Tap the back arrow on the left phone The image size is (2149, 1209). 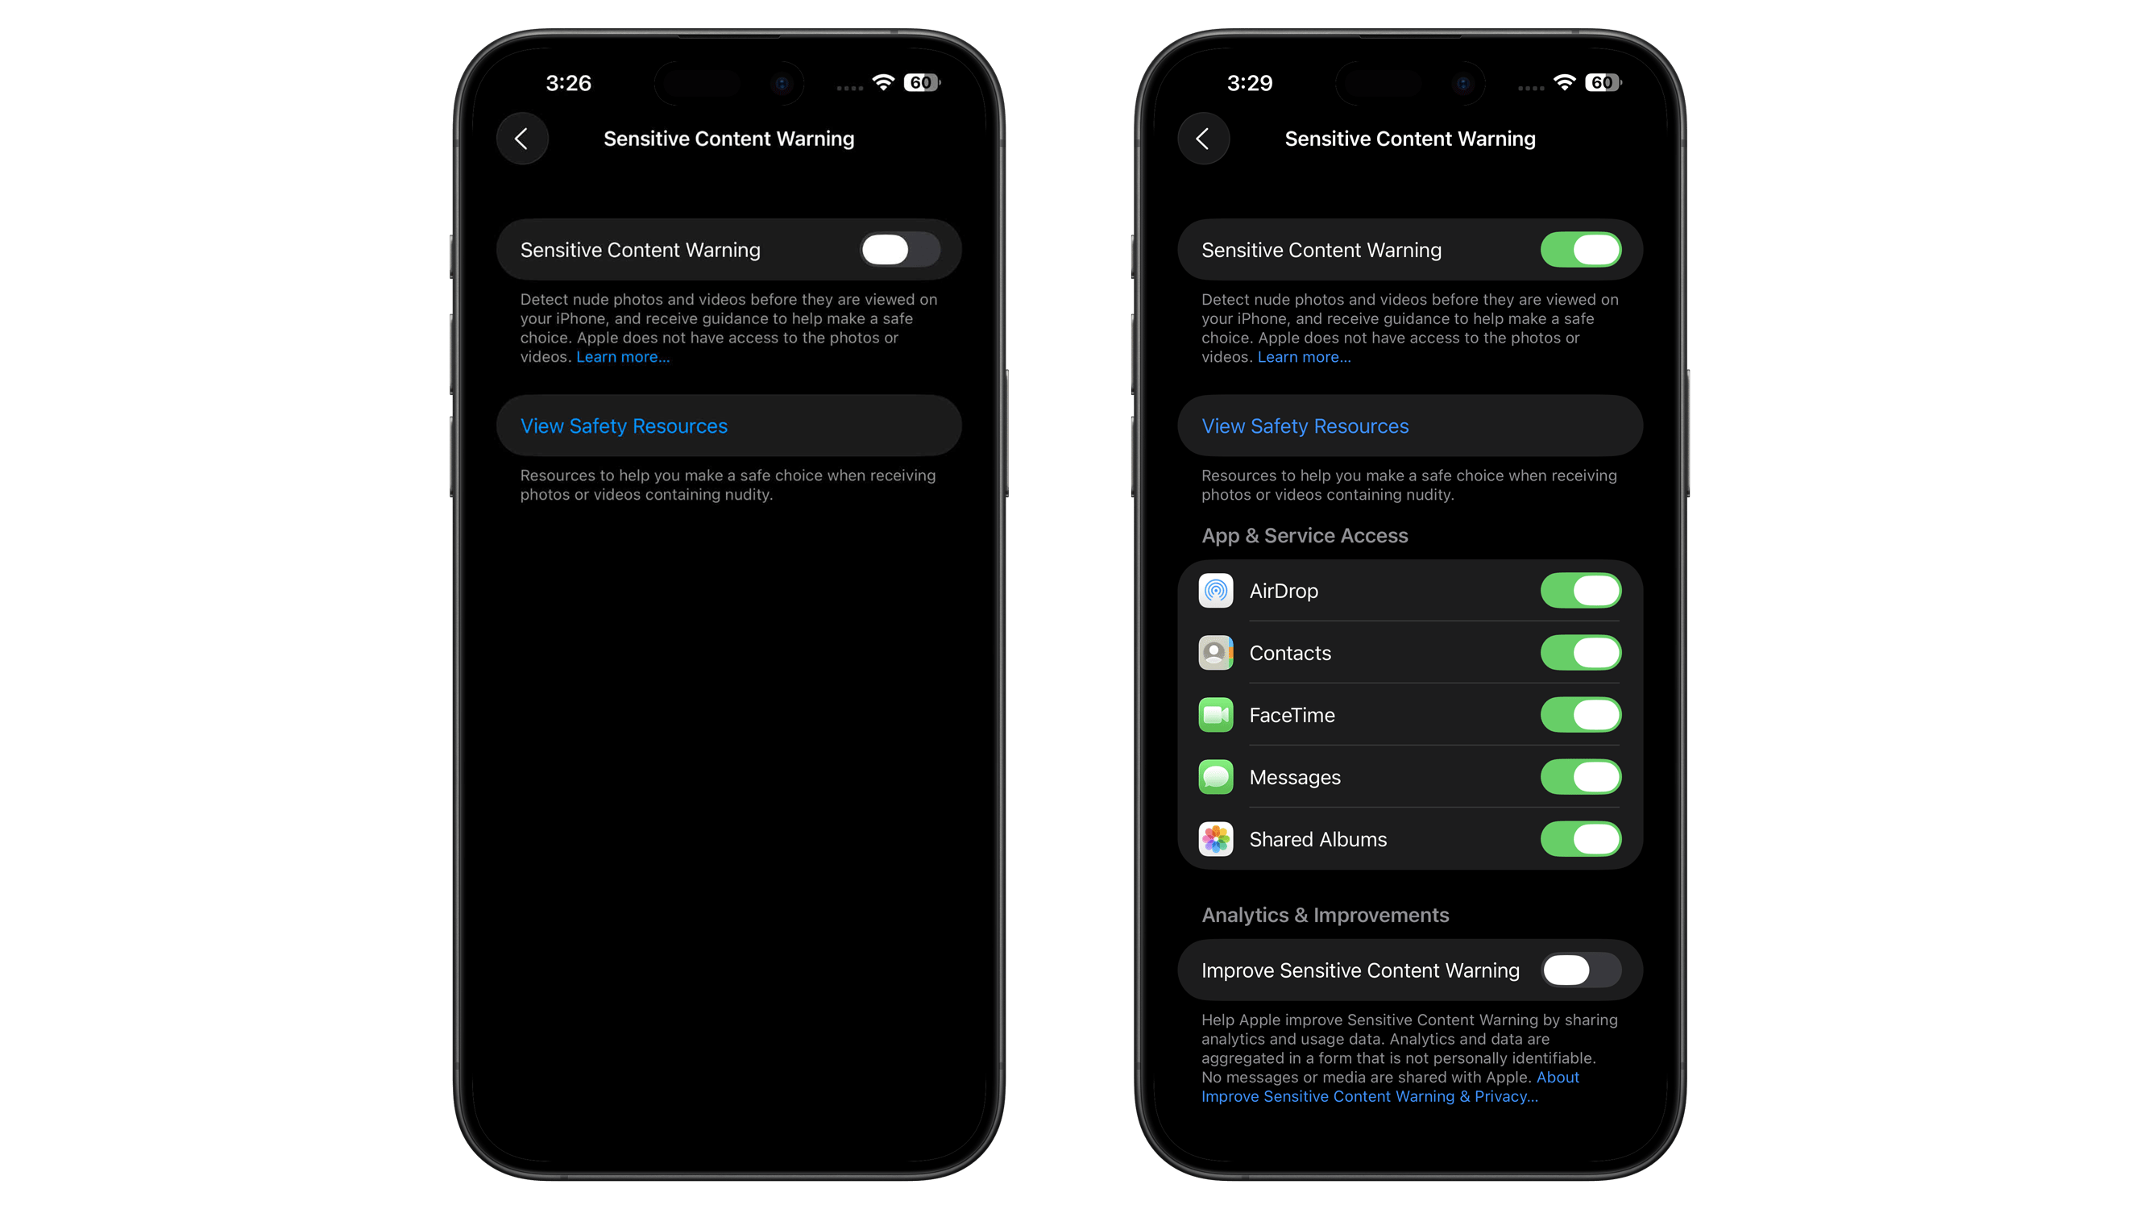522,139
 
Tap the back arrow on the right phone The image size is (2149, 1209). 1203,139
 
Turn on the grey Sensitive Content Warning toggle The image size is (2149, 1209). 899,250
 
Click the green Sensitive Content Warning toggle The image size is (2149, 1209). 1580,250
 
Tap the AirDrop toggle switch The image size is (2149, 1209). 1580,591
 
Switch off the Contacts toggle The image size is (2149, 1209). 1580,653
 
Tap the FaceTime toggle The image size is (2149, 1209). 1580,715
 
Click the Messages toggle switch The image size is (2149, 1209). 1580,777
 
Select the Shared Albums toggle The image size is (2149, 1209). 1580,839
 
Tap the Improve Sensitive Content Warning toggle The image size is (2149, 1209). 1580,970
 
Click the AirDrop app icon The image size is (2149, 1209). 1215,591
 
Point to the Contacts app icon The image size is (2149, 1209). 1215,653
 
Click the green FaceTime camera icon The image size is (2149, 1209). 1215,715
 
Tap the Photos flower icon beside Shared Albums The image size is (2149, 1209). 1215,839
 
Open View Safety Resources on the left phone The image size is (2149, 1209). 624,426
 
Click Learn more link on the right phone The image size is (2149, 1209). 1304,357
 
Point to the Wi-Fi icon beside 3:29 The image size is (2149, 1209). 1564,81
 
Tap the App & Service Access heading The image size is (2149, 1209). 1304,536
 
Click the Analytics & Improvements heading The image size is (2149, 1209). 1325,916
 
